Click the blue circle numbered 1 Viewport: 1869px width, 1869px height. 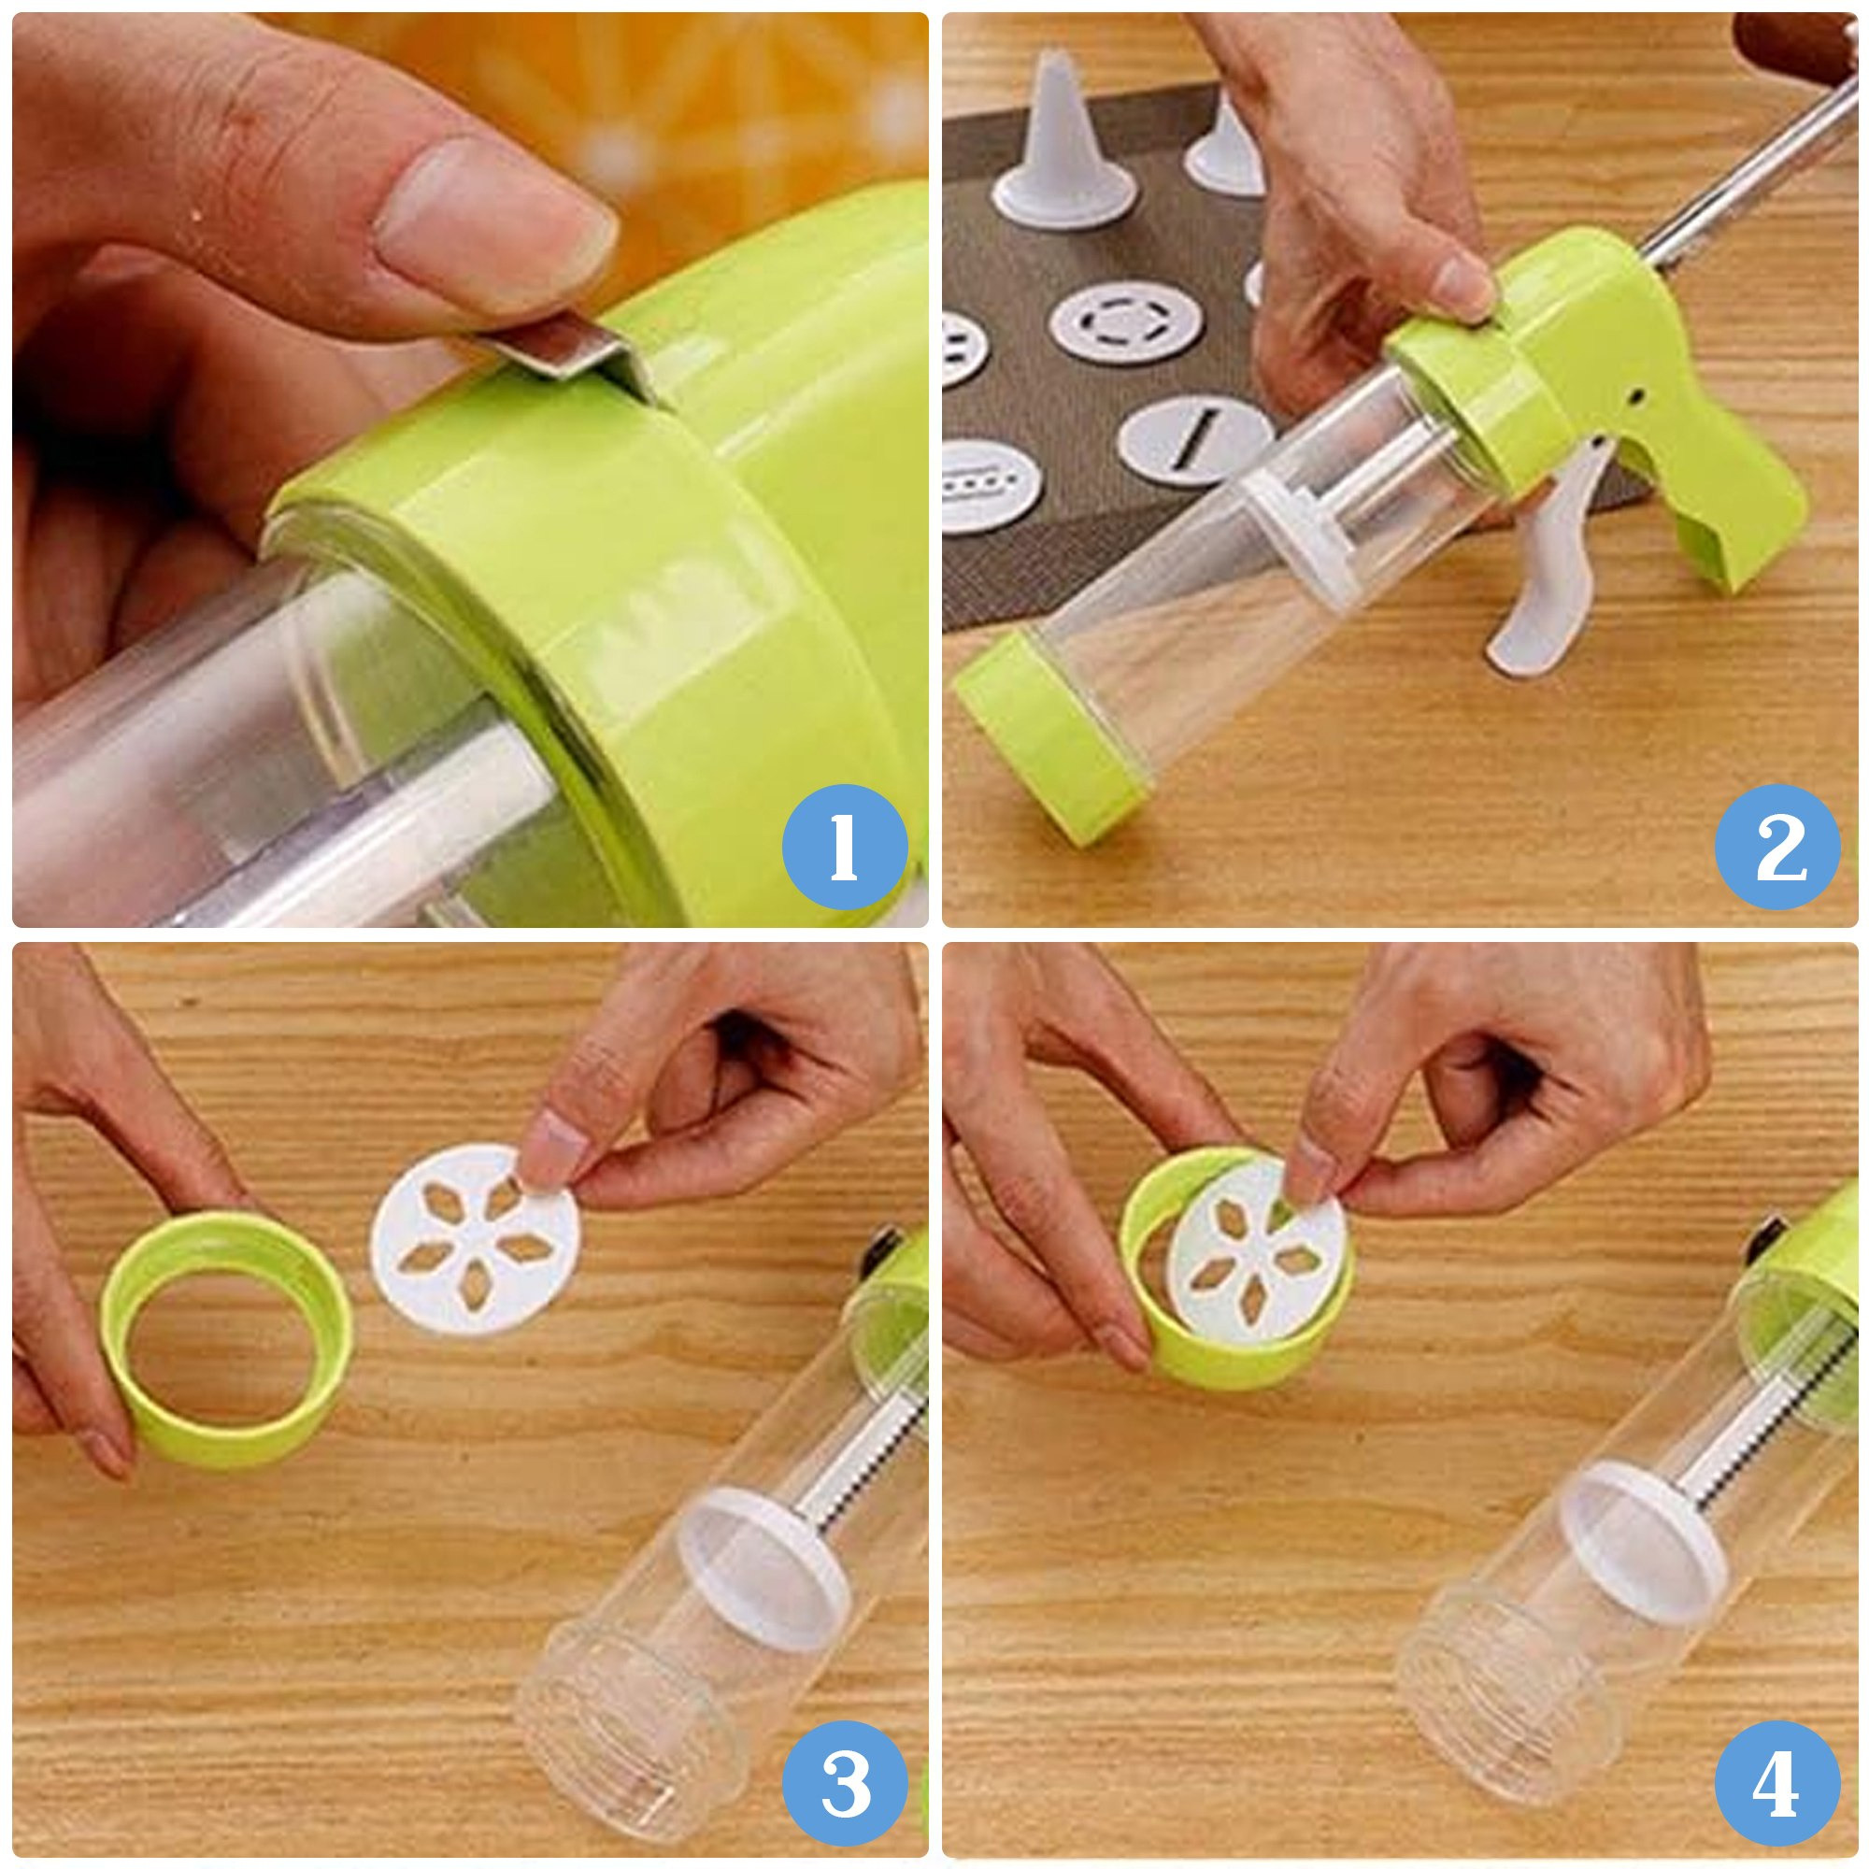[844, 847]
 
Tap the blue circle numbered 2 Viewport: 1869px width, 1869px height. [1778, 847]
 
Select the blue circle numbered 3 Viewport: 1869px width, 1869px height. [844, 1778]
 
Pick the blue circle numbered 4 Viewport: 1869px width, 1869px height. [1778, 1778]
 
